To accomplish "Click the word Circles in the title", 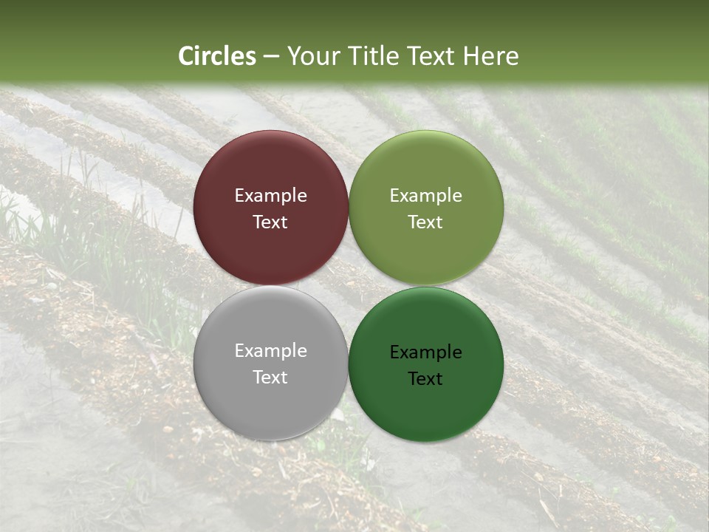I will coord(217,56).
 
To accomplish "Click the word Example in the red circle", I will coord(271,196).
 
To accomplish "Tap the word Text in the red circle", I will coord(271,222).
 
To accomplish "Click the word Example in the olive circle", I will coord(426,196).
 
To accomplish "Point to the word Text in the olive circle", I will coord(426,222).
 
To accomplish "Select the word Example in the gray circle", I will coord(271,351).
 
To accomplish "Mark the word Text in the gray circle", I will coord(271,378).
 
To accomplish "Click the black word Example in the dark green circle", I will coord(426,352).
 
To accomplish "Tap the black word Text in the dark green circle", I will coord(426,379).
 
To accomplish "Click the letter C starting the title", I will coord(186,56).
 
